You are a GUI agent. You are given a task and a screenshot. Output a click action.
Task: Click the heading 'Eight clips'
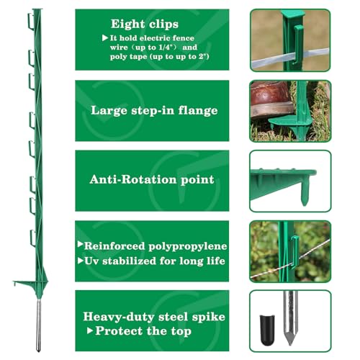(x=145, y=24)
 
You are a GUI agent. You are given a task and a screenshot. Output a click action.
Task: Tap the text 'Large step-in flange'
(x=154, y=111)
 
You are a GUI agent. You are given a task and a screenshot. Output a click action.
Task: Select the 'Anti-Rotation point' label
(x=152, y=179)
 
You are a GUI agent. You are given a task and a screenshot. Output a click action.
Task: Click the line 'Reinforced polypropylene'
(x=156, y=246)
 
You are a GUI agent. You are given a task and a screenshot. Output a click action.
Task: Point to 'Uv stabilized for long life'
(x=155, y=261)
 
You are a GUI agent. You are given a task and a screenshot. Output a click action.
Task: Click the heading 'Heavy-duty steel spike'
(x=154, y=317)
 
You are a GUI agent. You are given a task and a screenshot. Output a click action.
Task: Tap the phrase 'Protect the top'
(x=143, y=331)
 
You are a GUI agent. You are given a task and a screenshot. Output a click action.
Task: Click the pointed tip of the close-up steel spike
(x=290, y=344)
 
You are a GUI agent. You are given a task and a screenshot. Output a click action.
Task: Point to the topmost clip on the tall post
(x=31, y=22)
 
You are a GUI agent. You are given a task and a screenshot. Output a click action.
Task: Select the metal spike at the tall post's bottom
(x=38, y=325)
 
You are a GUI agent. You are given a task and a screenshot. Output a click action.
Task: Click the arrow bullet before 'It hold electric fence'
(x=105, y=38)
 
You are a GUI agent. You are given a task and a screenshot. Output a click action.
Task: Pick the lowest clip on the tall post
(x=33, y=238)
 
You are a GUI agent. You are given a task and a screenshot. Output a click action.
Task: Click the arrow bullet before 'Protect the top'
(x=90, y=330)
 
